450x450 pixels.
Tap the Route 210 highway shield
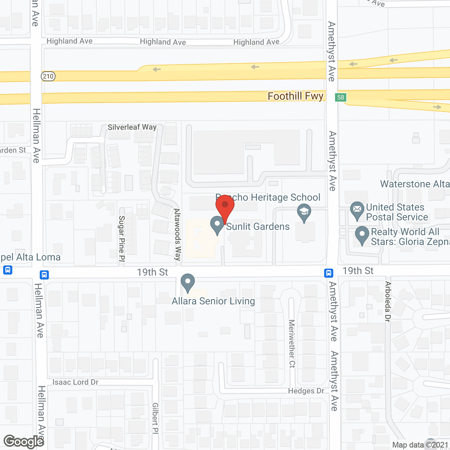pos(48,76)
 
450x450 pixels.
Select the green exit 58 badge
pos(341,97)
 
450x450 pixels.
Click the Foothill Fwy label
pos(295,96)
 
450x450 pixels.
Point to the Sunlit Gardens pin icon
pos(217,225)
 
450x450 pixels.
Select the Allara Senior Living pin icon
pos(188,283)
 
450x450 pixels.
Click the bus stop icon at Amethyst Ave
pos(329,273)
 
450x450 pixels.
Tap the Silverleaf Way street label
pos(132,127)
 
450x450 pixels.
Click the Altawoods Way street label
pos(178,234)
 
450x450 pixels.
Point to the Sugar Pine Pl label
pos(122,238)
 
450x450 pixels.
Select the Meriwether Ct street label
pos(292,343)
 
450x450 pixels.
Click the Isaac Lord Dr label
pos(75,382)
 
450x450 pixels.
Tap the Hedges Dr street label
pos(306,391)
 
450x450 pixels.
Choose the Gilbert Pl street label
pos(155,418)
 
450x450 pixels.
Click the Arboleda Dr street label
pos(388,301)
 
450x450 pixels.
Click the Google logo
pos(24,442)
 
